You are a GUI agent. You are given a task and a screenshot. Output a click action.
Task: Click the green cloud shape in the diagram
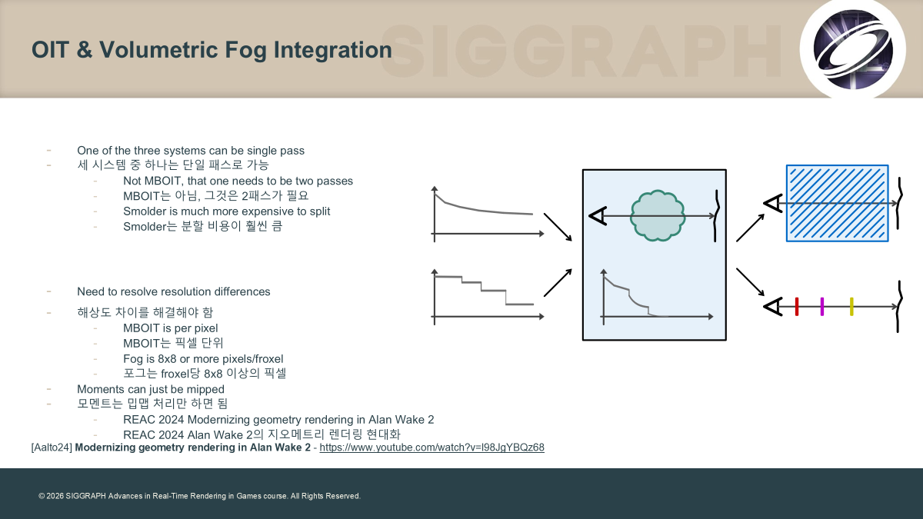pyautogui.click(x=658, y=215)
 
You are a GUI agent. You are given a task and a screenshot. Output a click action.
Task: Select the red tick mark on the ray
pyautogui.click(x=797, y=307)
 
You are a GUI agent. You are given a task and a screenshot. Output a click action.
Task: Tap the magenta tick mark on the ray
pyautogui.click(x=822, y=307)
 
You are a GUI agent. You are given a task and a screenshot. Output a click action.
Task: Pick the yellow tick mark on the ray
pyautogui.click(x=851, y=307)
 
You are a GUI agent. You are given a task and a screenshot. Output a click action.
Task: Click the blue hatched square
pyautogui.click(x=838, y=204)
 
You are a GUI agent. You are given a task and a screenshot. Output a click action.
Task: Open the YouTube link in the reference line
pyautogui.click(x=432, y=447)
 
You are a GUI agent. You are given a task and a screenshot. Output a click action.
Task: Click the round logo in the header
pyautogui.click(x=852, y=49)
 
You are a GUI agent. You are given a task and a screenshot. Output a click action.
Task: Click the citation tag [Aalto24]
pyautogui.click(x=52, y=447)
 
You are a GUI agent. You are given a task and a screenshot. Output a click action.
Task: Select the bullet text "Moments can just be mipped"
pyautogui.click(x=151, y=389)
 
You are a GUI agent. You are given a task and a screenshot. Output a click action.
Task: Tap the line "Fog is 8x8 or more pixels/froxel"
pyautogui.click(x=203, y=359)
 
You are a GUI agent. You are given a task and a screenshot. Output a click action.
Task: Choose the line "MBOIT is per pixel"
pyautogui.click(x=171, y=328)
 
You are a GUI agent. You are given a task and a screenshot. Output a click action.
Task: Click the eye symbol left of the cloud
pyautogui.click(x=598, y=216)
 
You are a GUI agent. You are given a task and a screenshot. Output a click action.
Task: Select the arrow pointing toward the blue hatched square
pyautogui.click(x=751, y=228)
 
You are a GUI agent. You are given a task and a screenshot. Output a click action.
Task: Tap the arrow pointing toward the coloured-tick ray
pyautogui.click(x=751, y=282)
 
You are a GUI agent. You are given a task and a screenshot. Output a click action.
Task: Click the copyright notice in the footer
pyautogui.click(x=199, y=496)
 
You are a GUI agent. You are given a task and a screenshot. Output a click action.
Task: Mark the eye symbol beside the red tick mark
pyautogui.click(x=773, y=307)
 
